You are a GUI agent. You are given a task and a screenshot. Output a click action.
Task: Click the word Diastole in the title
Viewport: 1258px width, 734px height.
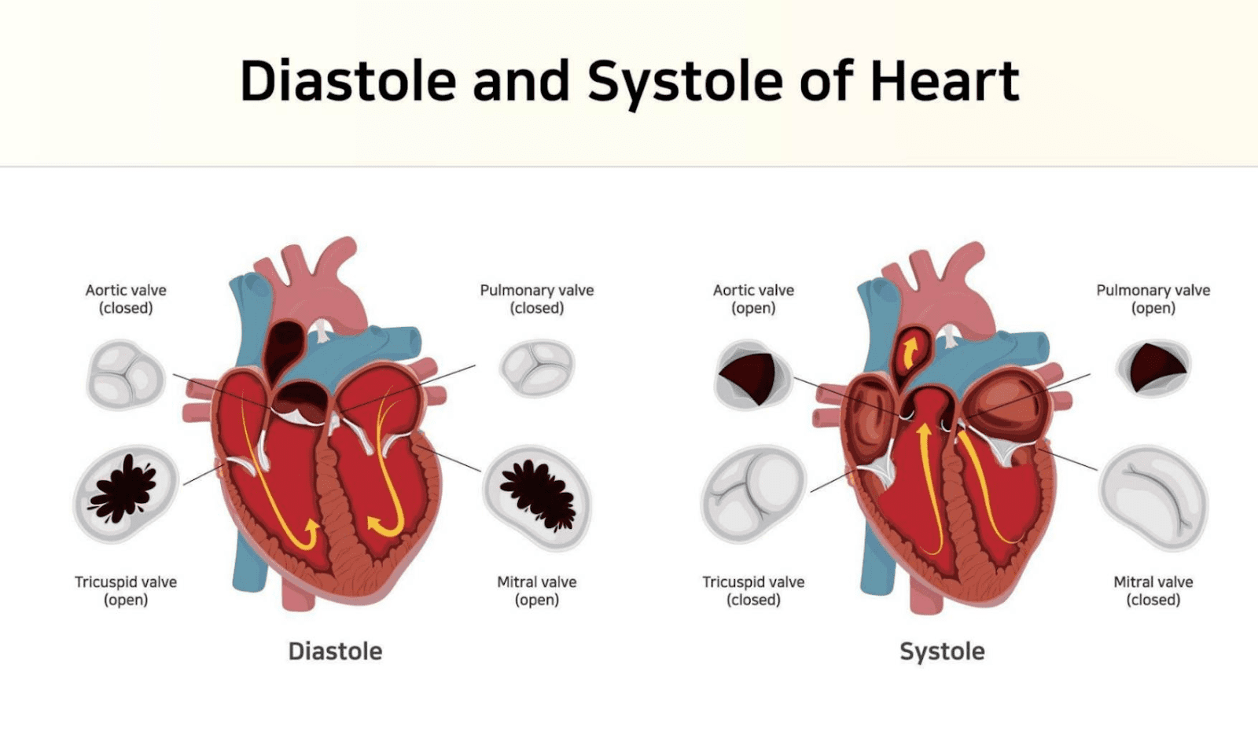(x=348, y=81)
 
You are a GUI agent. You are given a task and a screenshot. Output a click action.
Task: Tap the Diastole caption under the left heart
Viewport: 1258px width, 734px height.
(x=335, y=651)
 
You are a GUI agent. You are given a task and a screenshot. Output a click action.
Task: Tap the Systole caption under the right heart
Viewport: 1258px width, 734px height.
(x=942, y=651)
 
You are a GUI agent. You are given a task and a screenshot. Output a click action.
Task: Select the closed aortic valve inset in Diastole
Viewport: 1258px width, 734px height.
(x=125, y=375)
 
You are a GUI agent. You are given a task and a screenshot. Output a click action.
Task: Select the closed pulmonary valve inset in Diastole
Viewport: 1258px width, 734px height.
(x=537, y=367)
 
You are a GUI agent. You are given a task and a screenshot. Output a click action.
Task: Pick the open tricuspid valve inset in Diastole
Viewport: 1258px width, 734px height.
(x=126, y=493)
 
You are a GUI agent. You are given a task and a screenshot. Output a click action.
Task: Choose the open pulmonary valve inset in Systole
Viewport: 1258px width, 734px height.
(x=1153, y=367)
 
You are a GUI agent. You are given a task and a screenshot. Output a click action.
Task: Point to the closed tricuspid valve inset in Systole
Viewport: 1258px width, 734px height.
(x=753, y=494)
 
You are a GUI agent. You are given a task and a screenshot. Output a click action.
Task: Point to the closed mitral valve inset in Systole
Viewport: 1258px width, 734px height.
(x=1153, y=497)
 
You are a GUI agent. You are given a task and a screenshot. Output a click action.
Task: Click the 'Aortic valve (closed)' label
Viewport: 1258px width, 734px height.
(x=126, y=299)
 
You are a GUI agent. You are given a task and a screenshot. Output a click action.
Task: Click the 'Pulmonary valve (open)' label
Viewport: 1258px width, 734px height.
(x=1153, y=299)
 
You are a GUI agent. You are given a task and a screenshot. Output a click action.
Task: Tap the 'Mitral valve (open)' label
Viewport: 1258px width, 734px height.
(x=537, y=590)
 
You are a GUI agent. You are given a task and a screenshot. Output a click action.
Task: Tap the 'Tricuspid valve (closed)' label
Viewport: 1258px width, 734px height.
(x=753, y=590)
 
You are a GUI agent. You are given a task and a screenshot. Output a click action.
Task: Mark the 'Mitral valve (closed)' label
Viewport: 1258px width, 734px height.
(x=1153, y=590)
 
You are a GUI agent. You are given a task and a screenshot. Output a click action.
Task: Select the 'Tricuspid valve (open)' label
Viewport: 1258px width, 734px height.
(x=126, y=590)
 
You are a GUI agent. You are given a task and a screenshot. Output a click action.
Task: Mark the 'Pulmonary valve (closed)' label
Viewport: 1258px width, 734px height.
(x=537, y=299)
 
